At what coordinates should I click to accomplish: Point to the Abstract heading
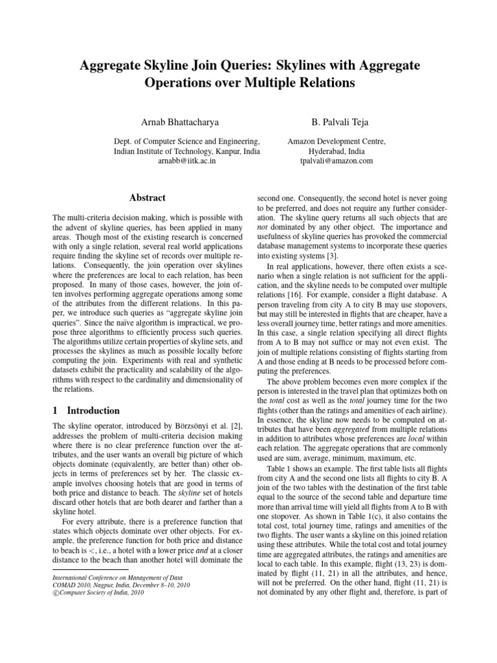click(147, 197)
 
